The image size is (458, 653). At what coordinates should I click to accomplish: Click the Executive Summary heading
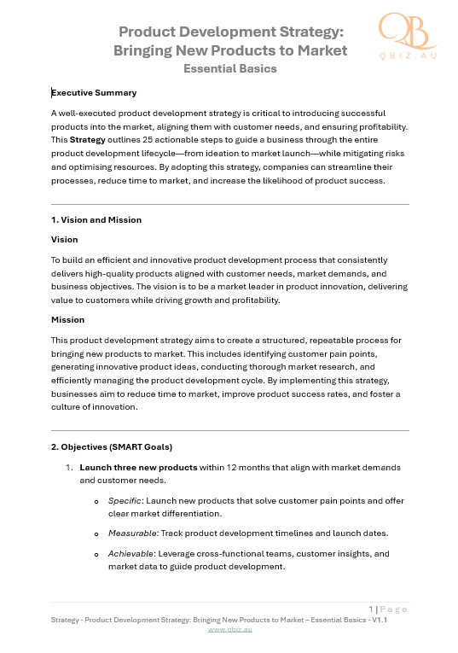(95, 92)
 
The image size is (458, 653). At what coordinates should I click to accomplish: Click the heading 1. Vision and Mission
(96, 219)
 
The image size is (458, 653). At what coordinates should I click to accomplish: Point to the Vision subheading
(65, 240)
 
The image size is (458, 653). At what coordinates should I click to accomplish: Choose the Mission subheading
(68, 320)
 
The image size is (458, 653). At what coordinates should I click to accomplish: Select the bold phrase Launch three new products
(138, 468)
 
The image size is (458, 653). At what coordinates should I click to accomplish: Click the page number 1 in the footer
(372, 609)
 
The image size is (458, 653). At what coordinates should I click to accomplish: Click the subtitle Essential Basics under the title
(230, 68)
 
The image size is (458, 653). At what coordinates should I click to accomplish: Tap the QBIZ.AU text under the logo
(408, 54)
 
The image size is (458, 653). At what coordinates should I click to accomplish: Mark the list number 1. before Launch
(69, 468)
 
